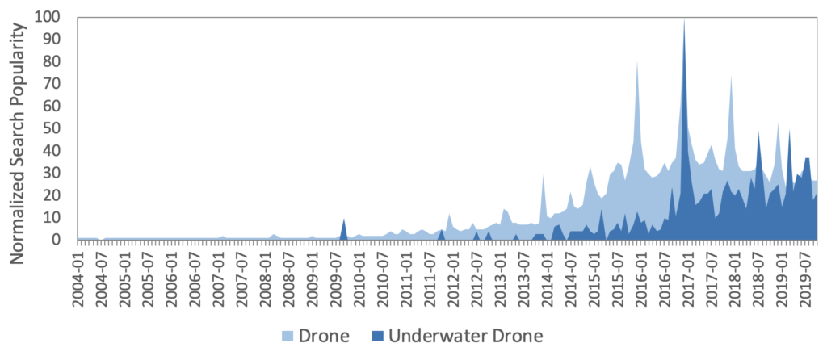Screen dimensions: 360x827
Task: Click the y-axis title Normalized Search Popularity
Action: (18, 133)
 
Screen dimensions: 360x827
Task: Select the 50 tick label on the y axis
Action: (61, 128)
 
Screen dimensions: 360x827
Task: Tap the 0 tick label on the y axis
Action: (65, 240)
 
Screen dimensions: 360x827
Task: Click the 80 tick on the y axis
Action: (61, 61)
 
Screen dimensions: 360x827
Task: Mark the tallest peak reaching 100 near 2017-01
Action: (685, 19)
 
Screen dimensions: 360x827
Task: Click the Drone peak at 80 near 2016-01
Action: (638, 63)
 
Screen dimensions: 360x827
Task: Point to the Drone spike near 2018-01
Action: (732, 78)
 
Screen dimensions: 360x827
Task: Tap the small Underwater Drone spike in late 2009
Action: (344, 220)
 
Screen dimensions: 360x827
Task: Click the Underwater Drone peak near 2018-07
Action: (758, 133)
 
